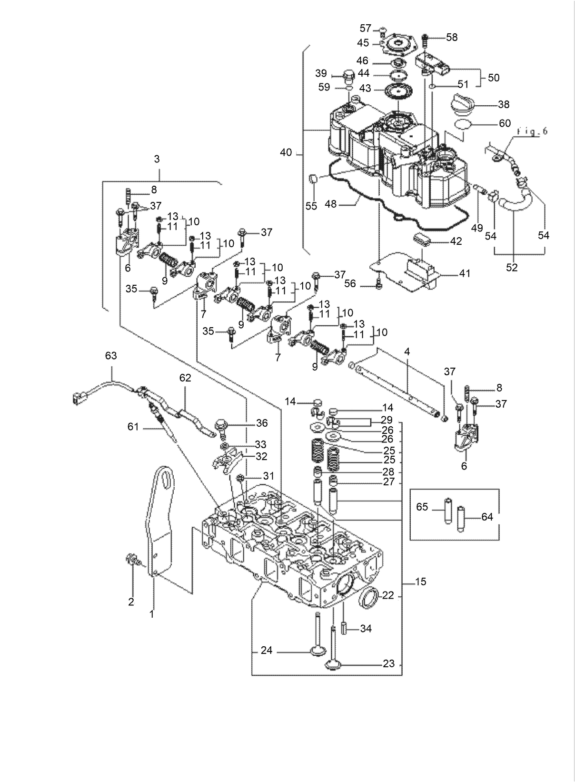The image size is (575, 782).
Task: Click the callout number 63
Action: pyautogui.click(x=110, y=356)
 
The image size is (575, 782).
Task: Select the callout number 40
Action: pyautogui.click(x=286, y=153)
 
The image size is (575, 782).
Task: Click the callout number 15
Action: pyautogui.click(x=420, y=581)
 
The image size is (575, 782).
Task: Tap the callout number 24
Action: pyautogui.click(x=267, y=650)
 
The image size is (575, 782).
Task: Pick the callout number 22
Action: pyautogui.click(x=388, y=595)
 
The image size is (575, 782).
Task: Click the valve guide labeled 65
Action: pyautogui.click(x=447, y=510)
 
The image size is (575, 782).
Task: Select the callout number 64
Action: pyautogui.click(x=487, y=517)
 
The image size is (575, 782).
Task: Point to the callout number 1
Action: pyautogui.click(x=151, y=614)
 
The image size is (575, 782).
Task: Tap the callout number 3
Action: pyautogui.click(x=157, y=159)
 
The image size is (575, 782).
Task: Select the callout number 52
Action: pyautogui.click(x=511, y=268)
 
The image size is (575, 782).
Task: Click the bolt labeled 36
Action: pyautogui.click(x=222, y=425)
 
